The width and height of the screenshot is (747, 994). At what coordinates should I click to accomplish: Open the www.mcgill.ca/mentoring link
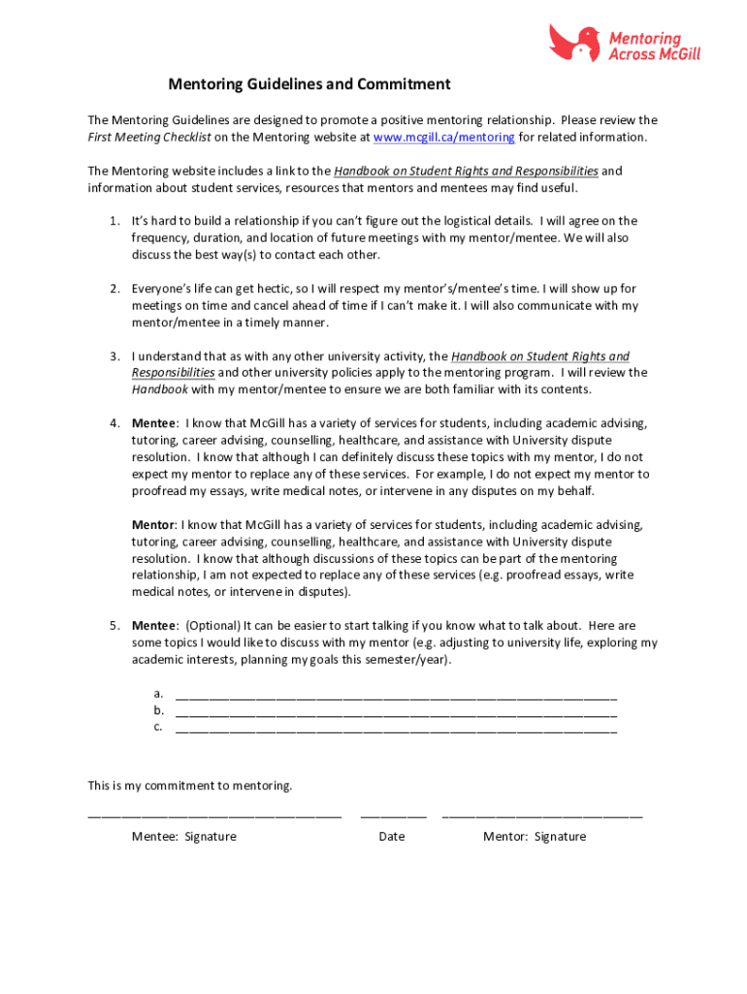click(443, 138)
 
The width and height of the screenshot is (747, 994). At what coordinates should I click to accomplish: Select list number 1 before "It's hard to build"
click(114, 221)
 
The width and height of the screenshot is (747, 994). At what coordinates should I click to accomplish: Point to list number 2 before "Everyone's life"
click(114, 289)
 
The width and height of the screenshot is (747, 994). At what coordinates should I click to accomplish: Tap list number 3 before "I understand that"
click(114, 357)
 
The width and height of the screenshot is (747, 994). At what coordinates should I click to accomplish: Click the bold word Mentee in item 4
click(154, 423)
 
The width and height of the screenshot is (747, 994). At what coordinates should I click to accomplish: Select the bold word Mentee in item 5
click(154, 626)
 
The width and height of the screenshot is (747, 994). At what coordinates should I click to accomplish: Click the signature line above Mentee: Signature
click(214, 817)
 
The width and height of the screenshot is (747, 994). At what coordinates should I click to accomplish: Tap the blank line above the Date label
click(393, 817)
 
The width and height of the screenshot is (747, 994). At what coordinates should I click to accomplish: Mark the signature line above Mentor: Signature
click(541, 817)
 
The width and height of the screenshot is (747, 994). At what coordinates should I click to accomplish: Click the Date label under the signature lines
click(392, 837)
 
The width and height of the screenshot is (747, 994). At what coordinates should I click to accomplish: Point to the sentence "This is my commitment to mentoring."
click(190, 785)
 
